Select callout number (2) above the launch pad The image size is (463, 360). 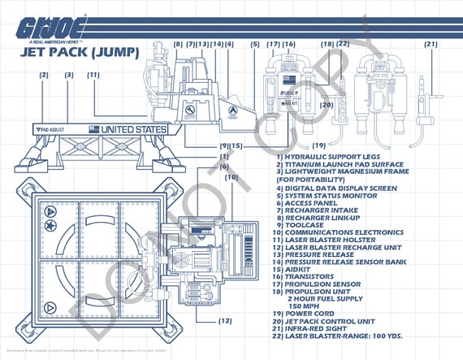coord(43,76)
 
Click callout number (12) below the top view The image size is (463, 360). coord(225,320)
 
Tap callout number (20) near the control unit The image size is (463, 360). coord(327,105)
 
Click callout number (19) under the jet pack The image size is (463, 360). coord(295,145)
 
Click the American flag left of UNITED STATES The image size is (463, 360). coord(93,129)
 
